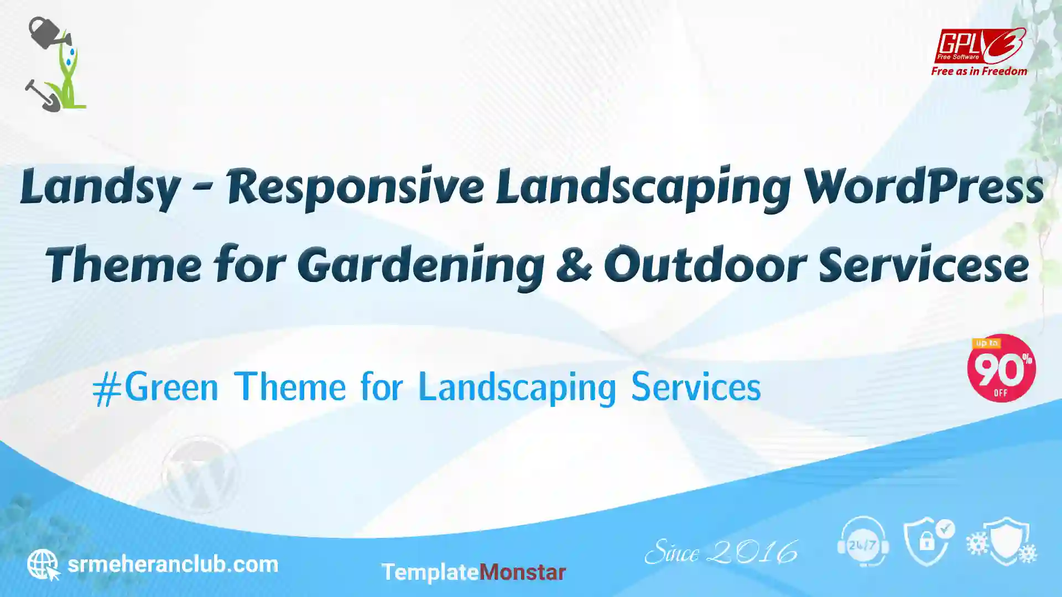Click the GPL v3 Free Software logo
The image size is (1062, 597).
980,46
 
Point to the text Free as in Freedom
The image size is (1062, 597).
979,71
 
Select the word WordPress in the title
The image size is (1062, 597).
923,187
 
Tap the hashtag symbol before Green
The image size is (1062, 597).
107,389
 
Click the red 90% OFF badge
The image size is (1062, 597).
1001,368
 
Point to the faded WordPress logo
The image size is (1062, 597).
200,475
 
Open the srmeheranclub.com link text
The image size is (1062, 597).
173,564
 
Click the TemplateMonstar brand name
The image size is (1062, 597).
473,572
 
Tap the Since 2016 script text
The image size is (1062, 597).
721,552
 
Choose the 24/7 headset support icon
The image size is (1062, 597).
863,542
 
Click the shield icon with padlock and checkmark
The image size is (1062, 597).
929,542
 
